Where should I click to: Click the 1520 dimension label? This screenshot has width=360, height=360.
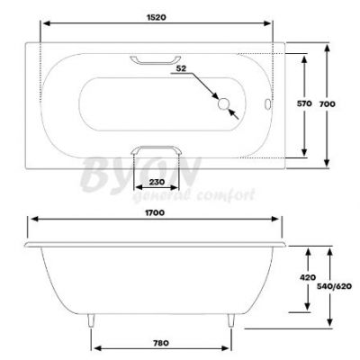tap(157, 17)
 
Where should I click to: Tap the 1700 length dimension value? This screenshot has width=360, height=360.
tap(155, 212)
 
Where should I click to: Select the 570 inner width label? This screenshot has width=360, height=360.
tap(304, 103)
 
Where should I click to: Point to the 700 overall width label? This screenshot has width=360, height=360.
tap(327, 104)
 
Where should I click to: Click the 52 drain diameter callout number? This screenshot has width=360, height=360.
tap(181, 68)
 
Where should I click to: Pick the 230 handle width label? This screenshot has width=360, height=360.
tap(157, 182)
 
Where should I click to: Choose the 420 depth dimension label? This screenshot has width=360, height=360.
tap(308, 277)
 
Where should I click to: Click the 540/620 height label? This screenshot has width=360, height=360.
tap(334, 286)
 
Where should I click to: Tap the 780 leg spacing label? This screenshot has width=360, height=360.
tap(160, 343)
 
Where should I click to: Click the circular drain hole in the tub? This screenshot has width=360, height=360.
tap(223, 103)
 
